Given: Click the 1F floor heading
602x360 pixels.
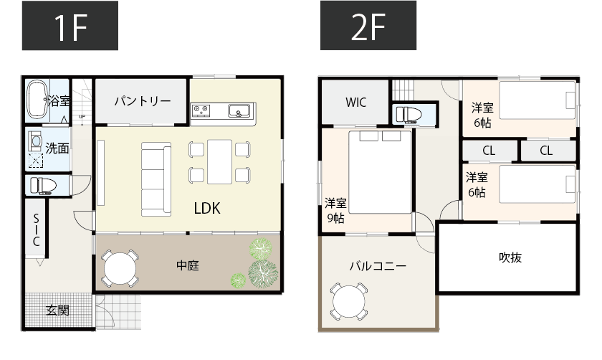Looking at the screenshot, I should coord(70,27).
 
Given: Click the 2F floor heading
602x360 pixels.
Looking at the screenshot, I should coord(369,27).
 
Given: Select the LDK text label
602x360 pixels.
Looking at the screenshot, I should coord(206,208).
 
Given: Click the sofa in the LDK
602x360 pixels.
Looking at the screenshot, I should coord(156,177).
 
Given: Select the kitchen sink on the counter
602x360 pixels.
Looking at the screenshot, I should coord(239,110).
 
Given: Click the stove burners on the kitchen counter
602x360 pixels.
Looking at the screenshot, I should coord(200,110).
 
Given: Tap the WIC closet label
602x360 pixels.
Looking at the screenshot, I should coord(355,102).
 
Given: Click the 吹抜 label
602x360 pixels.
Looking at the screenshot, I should coord(510,257).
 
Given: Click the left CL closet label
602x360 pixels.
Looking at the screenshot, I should coord(489,151).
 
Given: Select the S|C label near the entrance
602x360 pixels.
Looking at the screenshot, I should coord(36,231).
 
